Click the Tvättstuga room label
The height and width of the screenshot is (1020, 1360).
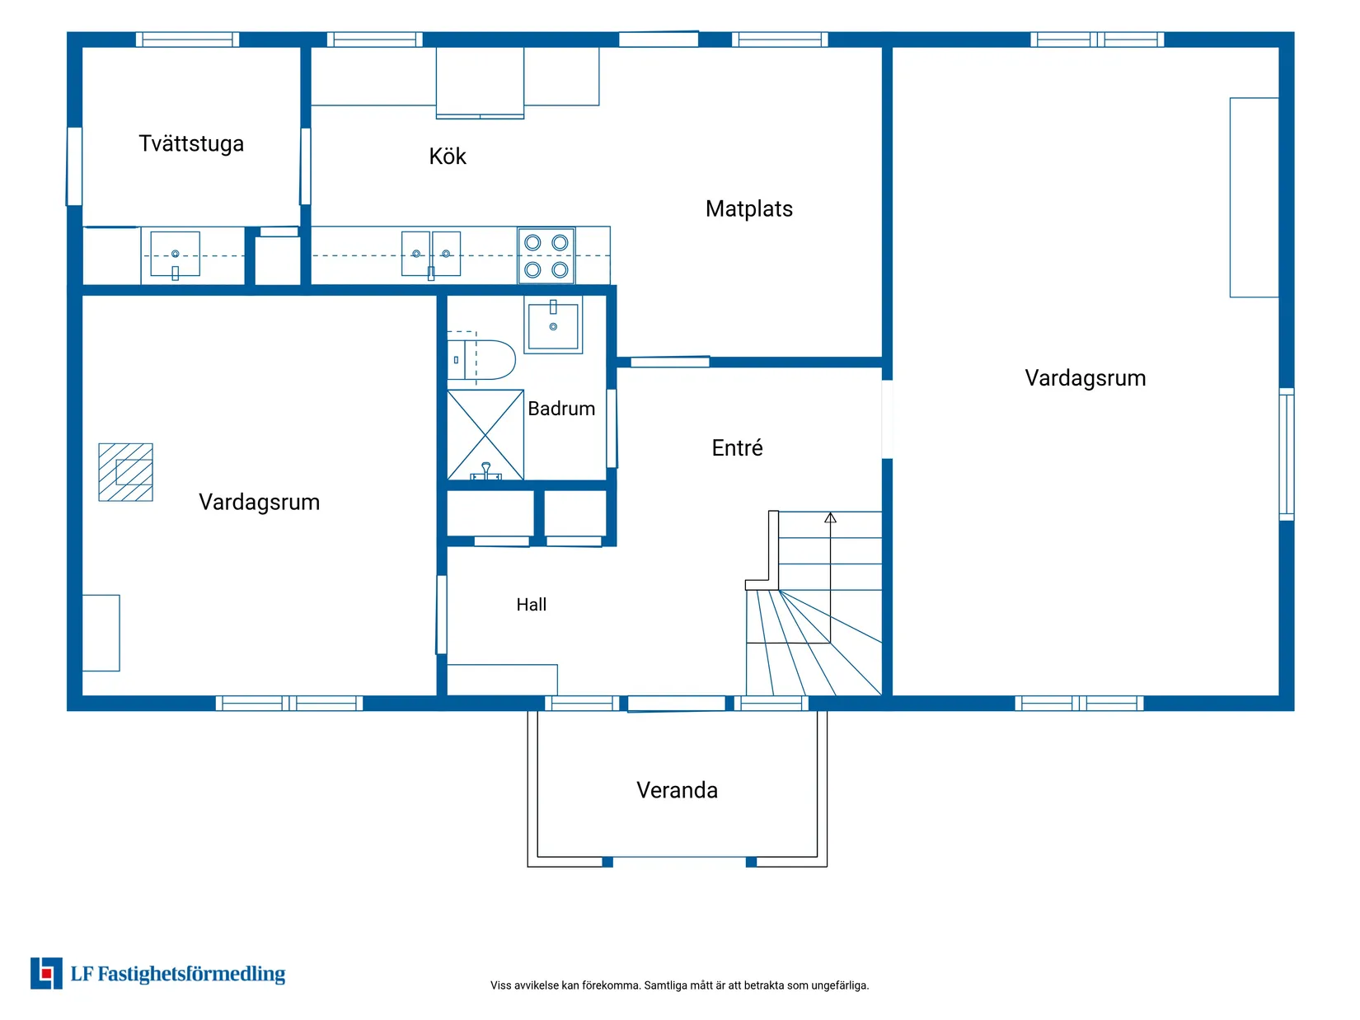tap(191, 143)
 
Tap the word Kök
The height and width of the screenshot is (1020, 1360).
tap(447, 156)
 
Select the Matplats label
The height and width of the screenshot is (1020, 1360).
tap(748, 208)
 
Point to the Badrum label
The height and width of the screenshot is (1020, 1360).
tap(560, 409)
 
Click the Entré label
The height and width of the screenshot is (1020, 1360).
tap(737, 447)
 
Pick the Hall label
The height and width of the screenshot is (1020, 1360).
tap(531, 605)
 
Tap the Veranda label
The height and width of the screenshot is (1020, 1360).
tap(677, 790)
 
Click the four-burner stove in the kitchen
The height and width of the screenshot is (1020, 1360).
tap(546, 255)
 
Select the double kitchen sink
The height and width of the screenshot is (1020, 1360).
tap(430, 254)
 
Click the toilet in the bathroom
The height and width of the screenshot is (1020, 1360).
tap(481, 359)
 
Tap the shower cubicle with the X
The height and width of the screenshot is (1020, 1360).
tap(485, 435)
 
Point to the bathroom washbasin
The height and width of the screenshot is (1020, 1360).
tap(553, 325)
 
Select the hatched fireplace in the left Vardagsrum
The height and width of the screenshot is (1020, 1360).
tap(126, 472)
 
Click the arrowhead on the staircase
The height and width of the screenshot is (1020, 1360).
tap(830, 517)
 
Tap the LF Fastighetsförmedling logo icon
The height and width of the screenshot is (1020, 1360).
tap(46, 973)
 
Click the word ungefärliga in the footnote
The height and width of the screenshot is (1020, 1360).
tap(840, 985)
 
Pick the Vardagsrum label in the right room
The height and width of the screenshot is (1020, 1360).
tap(1085, 378)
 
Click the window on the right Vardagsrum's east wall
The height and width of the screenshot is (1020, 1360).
tap(1287, 454)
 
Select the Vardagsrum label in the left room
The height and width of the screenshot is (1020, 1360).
tap(259, 503)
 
